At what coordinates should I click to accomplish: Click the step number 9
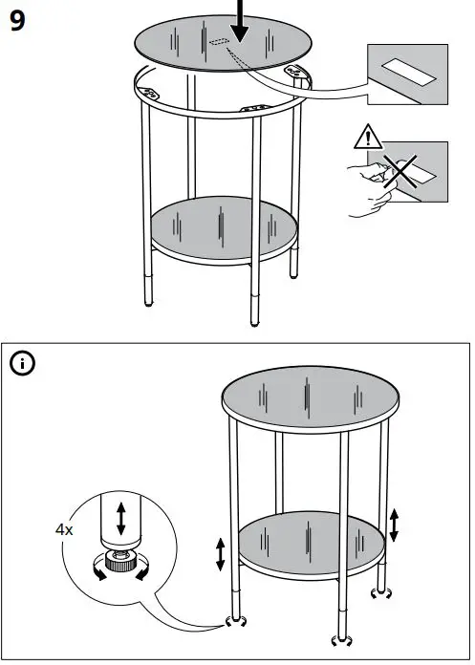(x=17, y=22)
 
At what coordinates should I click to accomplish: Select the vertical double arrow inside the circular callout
(x=120, y=517)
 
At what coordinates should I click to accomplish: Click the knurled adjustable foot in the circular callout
(x=118, y=565)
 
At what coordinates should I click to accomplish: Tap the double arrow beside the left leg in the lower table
(x=221, y=554)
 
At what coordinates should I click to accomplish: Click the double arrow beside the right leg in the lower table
(x=395, y=525)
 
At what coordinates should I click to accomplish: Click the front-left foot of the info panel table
(x=232, y=621)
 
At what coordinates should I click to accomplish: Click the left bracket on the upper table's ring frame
(x=150, y=93)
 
